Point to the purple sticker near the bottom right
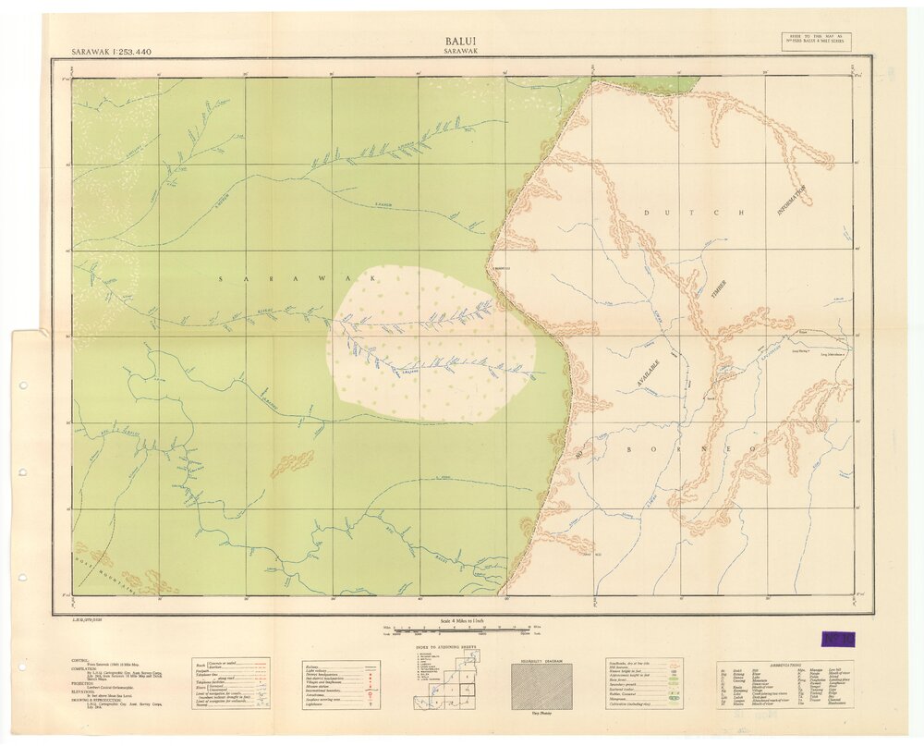tap(838, 639)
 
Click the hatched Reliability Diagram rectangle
tap(541, 685)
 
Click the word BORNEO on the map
tap(693, 448)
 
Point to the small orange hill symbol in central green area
tap(292, 464)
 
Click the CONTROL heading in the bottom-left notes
tap(80, 659)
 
